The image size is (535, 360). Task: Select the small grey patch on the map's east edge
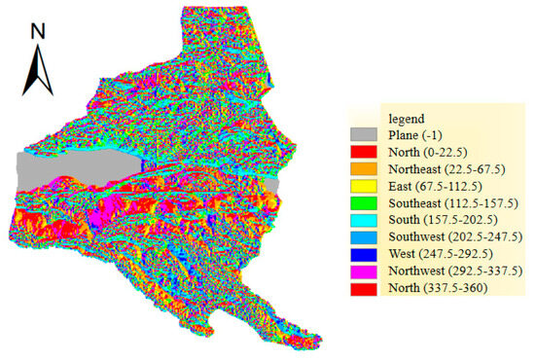point(274,185)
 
